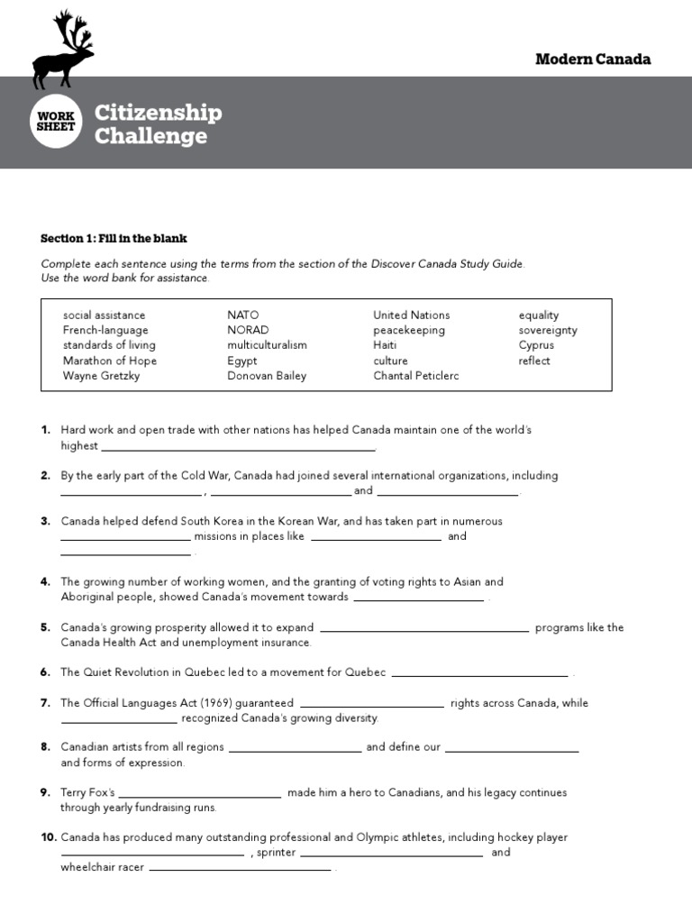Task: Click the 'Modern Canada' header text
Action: (592, 59)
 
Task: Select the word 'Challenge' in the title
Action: (150, 136)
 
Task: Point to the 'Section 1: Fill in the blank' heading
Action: (114, 239)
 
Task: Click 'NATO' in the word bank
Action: (242, 315)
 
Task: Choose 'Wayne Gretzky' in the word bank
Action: (101, 376)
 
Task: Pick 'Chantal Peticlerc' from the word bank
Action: (415, 376)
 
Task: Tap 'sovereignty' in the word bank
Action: (548, 331)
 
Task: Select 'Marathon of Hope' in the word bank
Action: (109, 361)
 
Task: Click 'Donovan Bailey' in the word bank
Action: (267, 376)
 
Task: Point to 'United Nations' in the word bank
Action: (411, 315)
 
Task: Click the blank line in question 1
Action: (238, 448)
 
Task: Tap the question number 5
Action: (45, 627)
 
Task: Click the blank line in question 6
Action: (480, 674)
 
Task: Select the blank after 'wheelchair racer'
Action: (240, 869)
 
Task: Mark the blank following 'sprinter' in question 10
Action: (391, 854)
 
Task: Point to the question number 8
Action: (45, 747)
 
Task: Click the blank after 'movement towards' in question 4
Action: (419, 599)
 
